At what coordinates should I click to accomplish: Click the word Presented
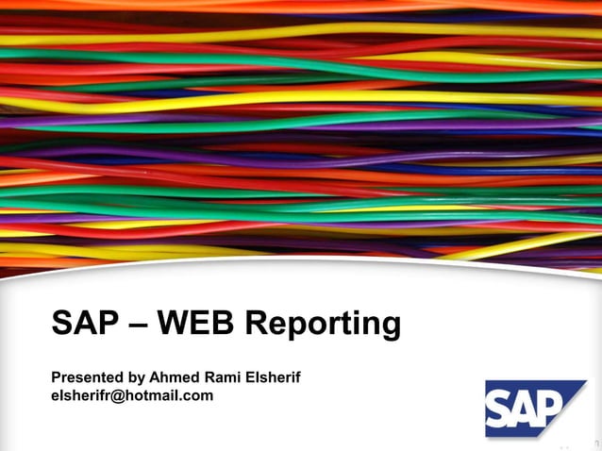pyautogui.click(x=87, y=377)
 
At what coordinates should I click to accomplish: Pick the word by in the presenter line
pyautogui.click(x=137, y=378)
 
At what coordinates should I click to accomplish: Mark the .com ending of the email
pyautogui.click(x=197, y=396)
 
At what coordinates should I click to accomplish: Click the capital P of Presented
pyautogui.click(x=57, y=377)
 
